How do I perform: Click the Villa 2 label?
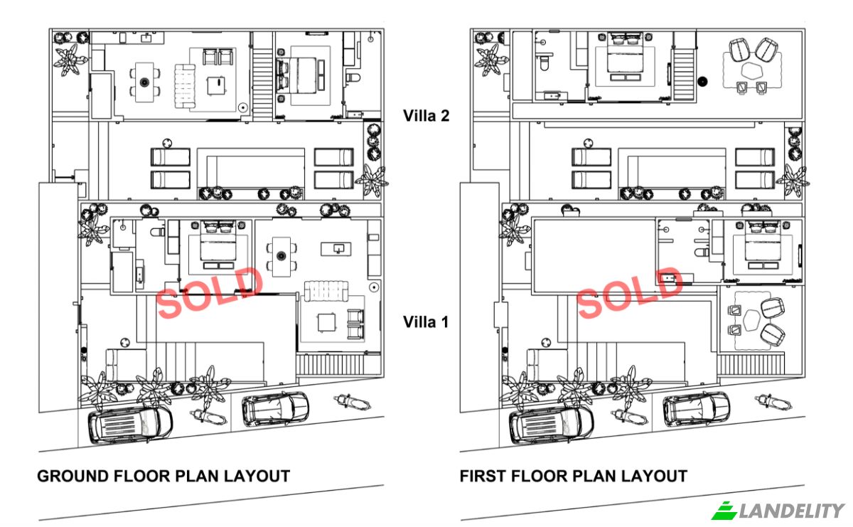pos(426,116)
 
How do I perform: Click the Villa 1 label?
pos(426,322)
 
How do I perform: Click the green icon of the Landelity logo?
pos(724,511)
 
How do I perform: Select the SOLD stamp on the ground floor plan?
pos(210,292)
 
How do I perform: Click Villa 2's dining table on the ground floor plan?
pos(145,82)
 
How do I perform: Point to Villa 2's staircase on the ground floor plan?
pos(263,75)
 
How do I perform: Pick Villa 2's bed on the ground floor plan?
pos(301,75)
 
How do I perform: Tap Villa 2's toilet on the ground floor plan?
pos(353,78)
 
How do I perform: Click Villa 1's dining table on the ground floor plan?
pos(281,257)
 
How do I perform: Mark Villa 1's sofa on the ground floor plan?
pos(326,291)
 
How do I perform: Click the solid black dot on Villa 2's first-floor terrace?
pos(702,82)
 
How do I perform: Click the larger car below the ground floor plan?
pos(130,425)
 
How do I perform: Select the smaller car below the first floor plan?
pos(696,409)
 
